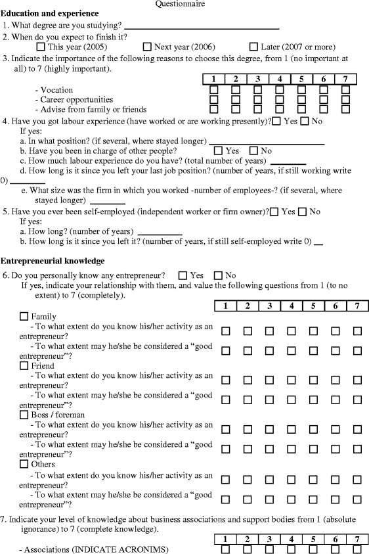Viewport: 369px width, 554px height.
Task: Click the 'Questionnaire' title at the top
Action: [180, 4]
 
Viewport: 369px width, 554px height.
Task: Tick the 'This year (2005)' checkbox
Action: [41, 47]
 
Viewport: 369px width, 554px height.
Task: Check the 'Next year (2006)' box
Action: [147, 47]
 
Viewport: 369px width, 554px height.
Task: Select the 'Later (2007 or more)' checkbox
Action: [253, 47]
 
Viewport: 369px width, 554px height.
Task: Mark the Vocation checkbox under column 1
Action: [213, 90]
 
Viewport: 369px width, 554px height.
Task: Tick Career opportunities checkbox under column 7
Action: [345, 100]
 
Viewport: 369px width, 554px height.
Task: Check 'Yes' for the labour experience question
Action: [276, 121]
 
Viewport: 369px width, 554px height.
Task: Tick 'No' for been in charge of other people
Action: [253, 150]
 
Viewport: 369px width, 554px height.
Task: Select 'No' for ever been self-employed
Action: [303, 212]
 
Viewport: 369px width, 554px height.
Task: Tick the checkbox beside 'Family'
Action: [24, 317]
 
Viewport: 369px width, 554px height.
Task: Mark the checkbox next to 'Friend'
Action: [24, 365]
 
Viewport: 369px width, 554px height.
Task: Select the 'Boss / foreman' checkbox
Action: [24, 415]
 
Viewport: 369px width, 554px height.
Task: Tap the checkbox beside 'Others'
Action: [24, 464]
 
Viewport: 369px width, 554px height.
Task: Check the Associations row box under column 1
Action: [225, 549]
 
